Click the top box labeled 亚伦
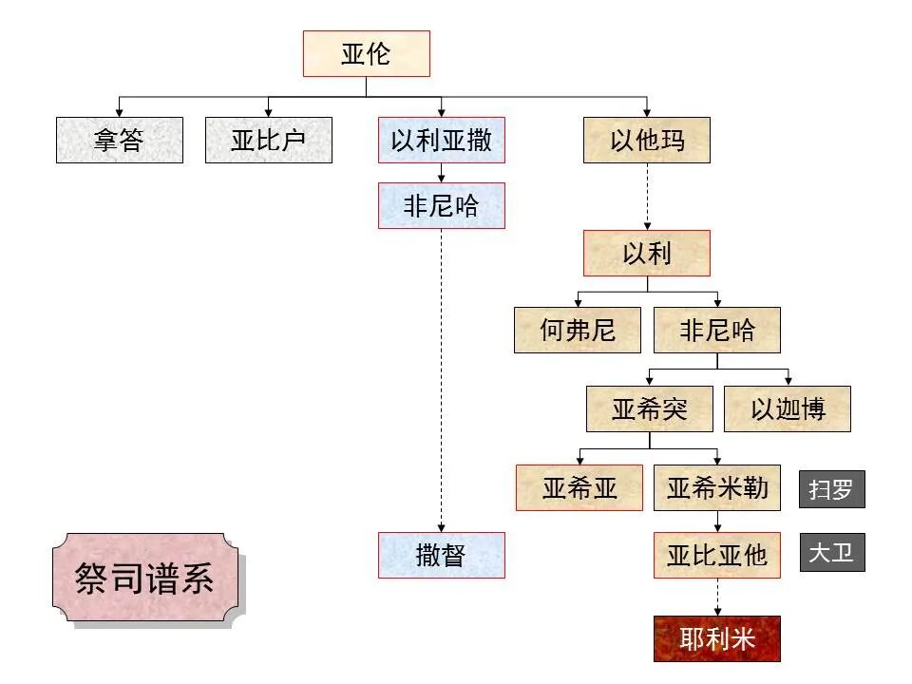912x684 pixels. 366,53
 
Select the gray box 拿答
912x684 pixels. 119,141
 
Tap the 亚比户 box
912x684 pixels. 269,141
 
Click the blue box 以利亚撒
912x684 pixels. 441,141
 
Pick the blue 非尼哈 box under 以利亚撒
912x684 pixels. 441,206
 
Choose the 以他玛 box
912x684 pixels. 646,141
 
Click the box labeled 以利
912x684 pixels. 646,254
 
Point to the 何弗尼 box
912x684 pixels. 578,331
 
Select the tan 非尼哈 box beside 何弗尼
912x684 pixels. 717,331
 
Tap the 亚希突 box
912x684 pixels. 649,409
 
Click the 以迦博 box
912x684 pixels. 788,409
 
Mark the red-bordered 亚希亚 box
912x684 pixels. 579,488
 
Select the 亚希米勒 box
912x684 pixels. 717,488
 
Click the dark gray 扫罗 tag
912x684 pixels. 831,490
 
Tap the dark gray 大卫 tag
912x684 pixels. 831,552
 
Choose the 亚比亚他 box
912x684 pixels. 717,555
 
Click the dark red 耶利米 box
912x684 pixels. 717,638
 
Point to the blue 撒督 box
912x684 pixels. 441,555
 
